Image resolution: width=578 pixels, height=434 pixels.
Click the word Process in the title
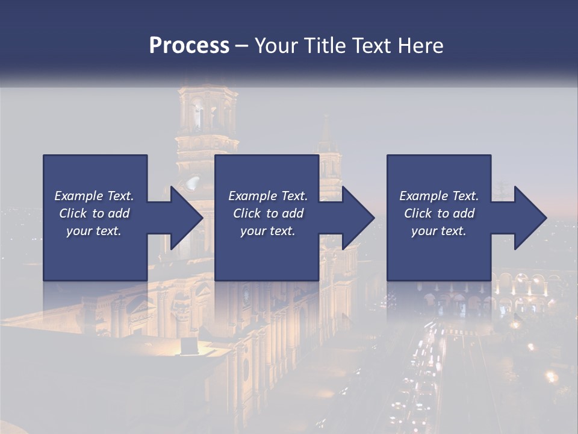(189, 46)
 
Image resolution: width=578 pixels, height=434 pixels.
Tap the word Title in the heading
(323, 46)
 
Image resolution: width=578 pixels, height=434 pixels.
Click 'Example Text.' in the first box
(94, 196)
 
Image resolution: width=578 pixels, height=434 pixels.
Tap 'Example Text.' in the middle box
(268, 196)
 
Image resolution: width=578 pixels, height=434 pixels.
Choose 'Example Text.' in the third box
(439, 196)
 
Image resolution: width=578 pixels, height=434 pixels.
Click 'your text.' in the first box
(94, 231)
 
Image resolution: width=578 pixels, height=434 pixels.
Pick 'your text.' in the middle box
(268, 231)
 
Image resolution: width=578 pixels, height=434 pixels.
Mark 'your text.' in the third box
(439, 231)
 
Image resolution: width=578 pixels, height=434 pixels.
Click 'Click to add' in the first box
(94, 213)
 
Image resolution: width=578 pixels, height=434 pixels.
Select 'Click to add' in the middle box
(268, 213)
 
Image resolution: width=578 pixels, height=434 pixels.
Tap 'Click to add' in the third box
(439, 213)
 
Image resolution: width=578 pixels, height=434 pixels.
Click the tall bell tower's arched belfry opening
(198, 115)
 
